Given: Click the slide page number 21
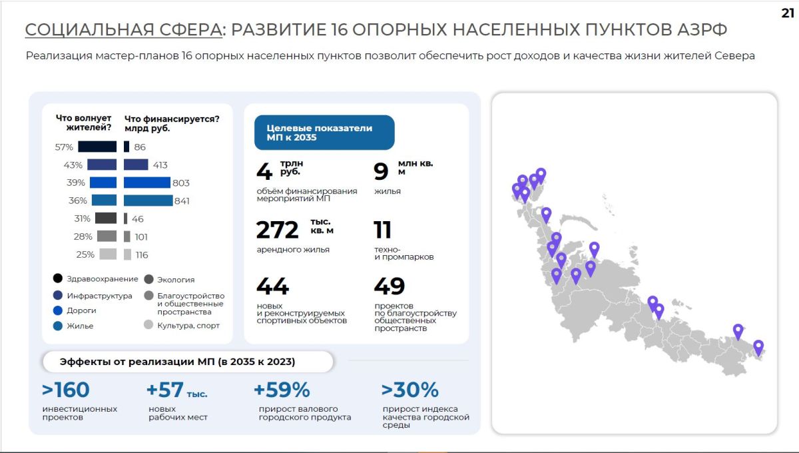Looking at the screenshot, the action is click(788, 13).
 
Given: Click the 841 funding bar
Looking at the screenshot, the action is click(148, 201).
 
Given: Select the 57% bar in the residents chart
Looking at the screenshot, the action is click(97, 147).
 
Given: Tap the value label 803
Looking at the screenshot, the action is click(181, 183).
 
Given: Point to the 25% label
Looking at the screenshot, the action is click(85, 254).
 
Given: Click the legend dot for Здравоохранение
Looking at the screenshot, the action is click(58, 278).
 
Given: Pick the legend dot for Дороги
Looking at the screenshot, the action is click(58, 310).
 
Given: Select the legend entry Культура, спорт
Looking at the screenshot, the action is click(182, 325).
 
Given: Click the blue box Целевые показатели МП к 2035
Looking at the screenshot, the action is click(324, 133).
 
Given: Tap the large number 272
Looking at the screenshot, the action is click(277, 230).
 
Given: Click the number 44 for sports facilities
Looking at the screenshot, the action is click(272, 286).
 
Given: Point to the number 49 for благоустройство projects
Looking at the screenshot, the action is click(390, 286).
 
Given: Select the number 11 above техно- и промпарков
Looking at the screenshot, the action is click(382, 230).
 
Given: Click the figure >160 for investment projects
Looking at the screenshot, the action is click(66, 390).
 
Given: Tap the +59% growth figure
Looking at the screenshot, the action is click(282, 390).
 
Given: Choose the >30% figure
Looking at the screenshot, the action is click(410, 390).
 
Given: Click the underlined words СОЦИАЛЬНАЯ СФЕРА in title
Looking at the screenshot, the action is click(123, 29).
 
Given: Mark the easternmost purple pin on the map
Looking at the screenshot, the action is click(758, 348).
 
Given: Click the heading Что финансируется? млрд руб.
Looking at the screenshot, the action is click(172, 123).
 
